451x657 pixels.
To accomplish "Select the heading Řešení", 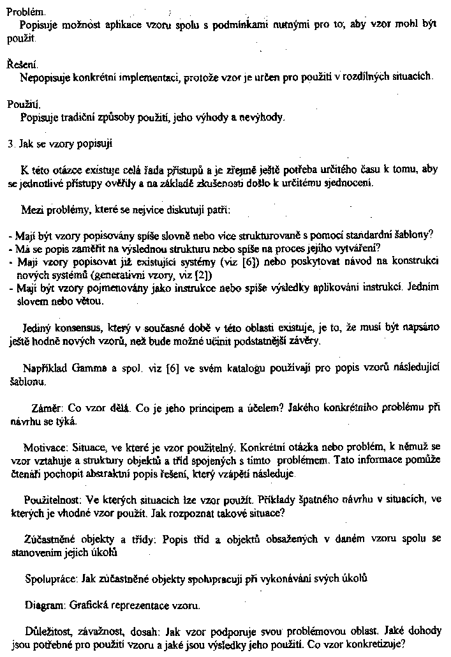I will pyautogui.click(x=22, y=64).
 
